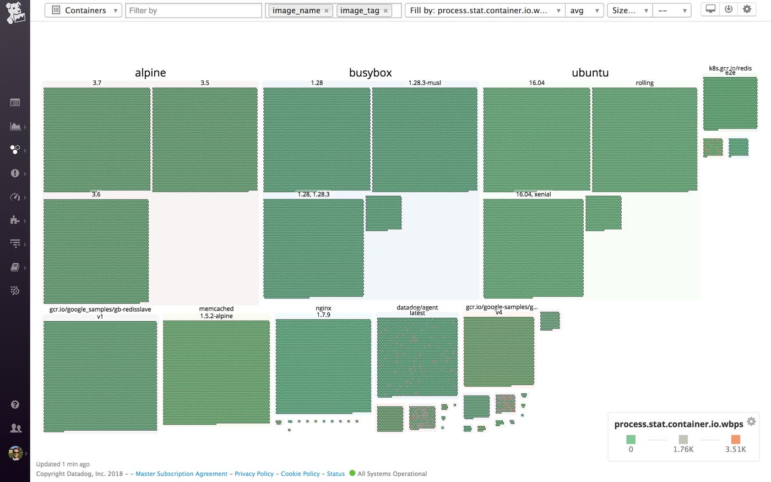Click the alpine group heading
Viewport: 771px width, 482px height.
tap(150, 73)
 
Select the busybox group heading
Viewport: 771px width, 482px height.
tap(370, 73)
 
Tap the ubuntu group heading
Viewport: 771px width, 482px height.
tap(590, 73)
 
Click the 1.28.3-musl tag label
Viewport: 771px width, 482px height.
tap(425, 83)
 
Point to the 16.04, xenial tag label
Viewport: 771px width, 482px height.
tap(533, 194)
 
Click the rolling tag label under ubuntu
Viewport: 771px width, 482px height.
tap(644, 83)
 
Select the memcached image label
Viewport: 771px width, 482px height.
tap(216, 309)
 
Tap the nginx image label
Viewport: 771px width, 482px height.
tap(323, 308)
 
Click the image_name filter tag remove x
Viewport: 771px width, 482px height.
tap(327, 11)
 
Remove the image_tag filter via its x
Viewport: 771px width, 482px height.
tap(385, 11)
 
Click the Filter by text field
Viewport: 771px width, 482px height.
tap(193, 10)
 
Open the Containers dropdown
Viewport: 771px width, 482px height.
tap(83, 10)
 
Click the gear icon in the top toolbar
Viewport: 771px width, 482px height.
tap(747, 9)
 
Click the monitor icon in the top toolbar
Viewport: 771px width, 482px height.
tap(710, 9)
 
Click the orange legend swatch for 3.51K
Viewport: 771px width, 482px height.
tap(735, 440)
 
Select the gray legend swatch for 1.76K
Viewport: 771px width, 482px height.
tap(683, 440)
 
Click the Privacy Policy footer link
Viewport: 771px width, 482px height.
tap(254, 474)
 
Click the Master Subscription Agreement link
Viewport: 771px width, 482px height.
tap(181, 474)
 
